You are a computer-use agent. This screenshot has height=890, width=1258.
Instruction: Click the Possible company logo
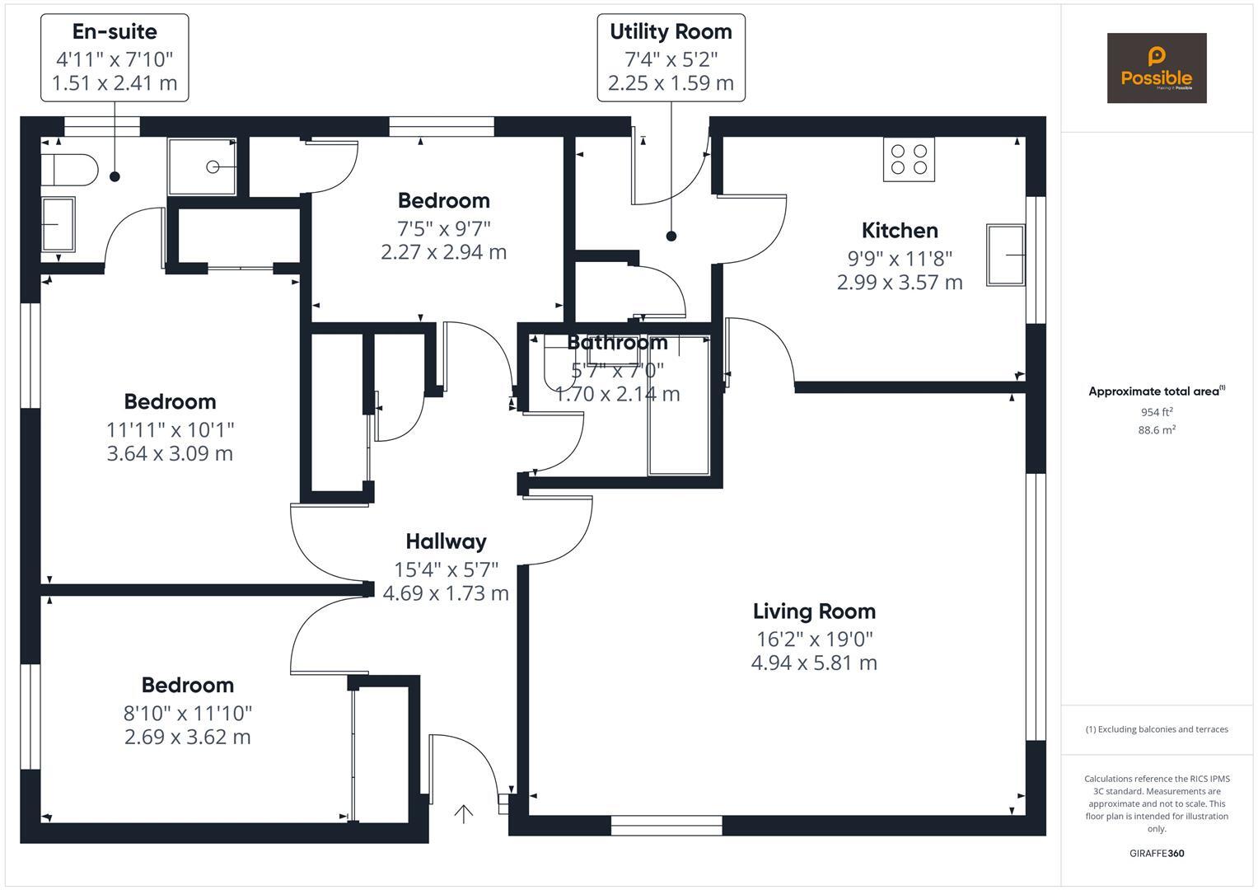(1156, 68)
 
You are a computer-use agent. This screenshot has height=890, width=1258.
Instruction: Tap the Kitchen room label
(900, 231)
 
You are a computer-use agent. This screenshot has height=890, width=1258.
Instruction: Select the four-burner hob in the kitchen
(909, 159)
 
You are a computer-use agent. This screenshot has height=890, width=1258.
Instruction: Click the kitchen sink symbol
(1006, 255)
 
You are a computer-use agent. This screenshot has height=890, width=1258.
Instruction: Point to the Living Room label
(814, 611)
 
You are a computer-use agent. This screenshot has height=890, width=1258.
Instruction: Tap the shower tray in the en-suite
(203, 167)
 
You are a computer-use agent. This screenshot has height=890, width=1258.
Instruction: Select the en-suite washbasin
(58, 224)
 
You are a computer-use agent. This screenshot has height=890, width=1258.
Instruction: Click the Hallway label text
(446, 541)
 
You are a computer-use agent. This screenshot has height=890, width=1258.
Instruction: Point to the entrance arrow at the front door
(464, 814)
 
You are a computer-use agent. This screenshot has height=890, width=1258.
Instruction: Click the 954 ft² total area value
(1156, 412)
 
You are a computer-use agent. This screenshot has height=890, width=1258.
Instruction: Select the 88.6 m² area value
(1156, 430)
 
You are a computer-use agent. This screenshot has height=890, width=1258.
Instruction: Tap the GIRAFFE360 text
(1156, 853)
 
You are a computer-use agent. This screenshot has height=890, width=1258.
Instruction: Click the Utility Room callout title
(671, 32)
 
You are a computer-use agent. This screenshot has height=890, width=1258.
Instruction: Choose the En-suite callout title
(115, 32)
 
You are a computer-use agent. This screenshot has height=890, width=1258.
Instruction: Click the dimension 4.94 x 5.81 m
(814, 663)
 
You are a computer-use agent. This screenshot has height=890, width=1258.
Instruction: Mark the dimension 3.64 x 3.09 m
(170, 453)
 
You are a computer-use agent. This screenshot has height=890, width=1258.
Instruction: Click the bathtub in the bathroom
(678, 412)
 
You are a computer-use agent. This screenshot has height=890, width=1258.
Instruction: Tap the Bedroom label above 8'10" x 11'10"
(188, 686)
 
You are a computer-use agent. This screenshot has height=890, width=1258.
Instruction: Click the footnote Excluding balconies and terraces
(1156, 729)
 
